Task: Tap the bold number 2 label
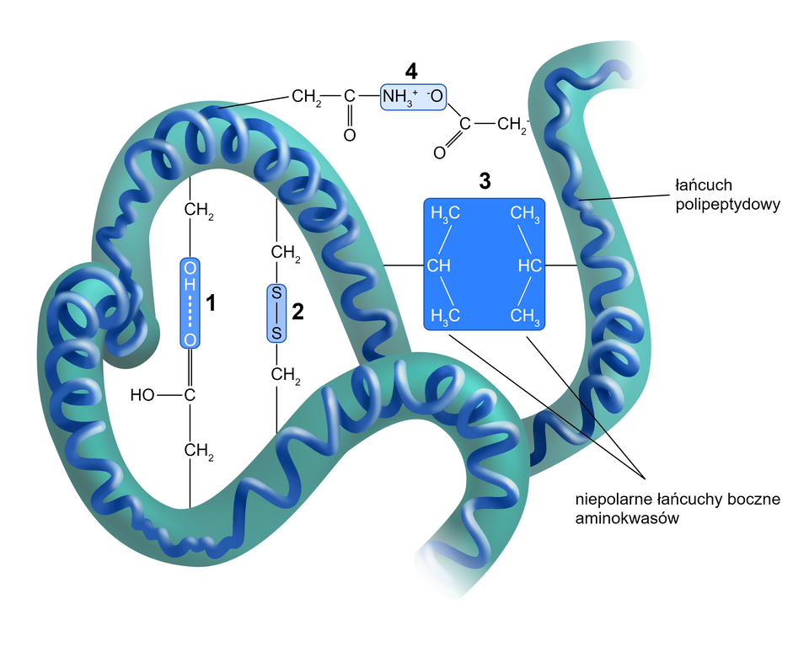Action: [x=297, y=313]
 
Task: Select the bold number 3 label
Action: [x=484, y=180]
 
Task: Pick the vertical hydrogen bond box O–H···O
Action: [x=190, y=303]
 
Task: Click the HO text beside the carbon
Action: [x=143, y=394]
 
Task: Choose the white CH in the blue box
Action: [x=439, y=266]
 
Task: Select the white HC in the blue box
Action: [x=528, y=266]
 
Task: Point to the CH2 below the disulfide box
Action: [x=285, y=375]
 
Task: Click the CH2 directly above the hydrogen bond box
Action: [x=198, y=209]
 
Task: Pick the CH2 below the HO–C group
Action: [x=198, y=452]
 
